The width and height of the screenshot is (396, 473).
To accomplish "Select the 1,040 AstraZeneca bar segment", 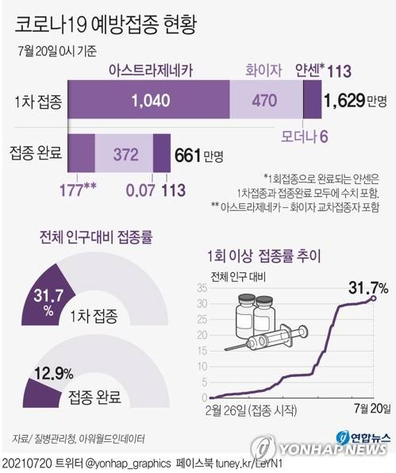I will tap(150, 101).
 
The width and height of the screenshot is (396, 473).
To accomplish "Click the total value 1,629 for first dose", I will tap(345, 101).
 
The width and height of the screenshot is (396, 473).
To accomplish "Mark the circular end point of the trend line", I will tap(374, 298).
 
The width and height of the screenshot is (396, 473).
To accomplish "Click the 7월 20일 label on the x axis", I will tap(369, 408).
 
